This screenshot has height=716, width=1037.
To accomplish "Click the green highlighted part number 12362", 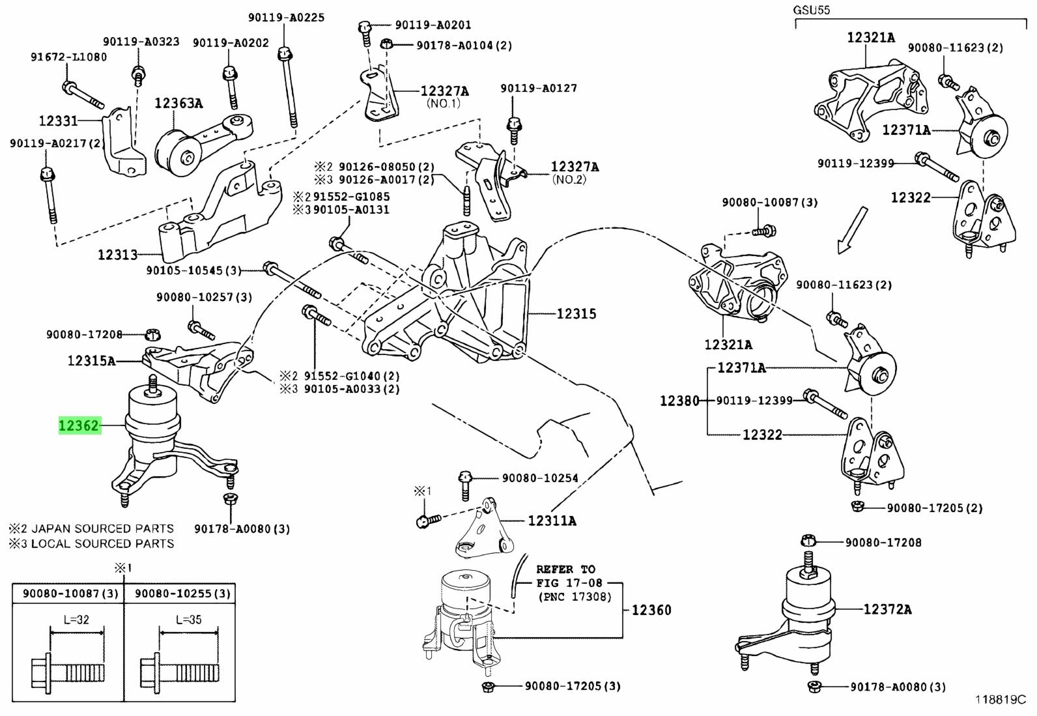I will [x=79, y=426].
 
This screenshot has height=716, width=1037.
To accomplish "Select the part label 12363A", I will [x=178, y=103].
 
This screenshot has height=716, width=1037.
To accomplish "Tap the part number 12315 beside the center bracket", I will [x=576, y=314].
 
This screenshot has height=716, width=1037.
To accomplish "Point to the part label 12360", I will [x=651, y=610].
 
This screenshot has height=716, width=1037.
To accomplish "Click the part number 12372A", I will [x=887, y=610].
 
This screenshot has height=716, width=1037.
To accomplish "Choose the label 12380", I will [x=679, y=401].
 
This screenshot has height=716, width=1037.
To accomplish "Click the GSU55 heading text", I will [x=811, y=10].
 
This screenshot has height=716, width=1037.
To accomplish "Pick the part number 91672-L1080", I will [x=68, y=57].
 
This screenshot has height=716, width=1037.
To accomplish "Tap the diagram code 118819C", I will [x=1001, y=700].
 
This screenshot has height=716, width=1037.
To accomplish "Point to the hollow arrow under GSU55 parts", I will [x=851, y=231].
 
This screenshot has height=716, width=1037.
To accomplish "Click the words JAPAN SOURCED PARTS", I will [x=102, y=529].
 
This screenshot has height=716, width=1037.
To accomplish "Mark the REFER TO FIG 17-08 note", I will [x=570, y=582].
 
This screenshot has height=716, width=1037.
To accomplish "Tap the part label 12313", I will [x=118, y=255].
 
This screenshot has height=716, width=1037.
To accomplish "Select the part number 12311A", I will [x=552, y=521].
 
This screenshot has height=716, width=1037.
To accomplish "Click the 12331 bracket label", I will [x=58, y=121].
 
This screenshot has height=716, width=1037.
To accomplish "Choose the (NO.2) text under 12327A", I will [x=569, y=180].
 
